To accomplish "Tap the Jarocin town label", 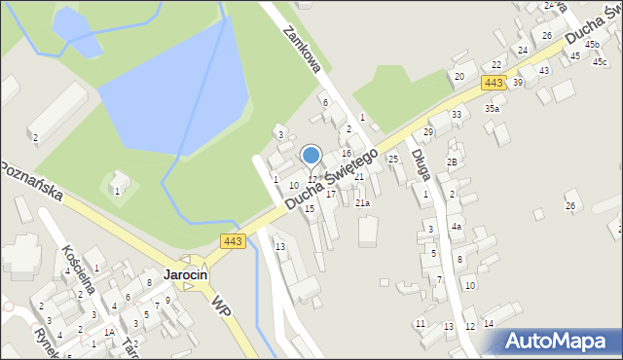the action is [x=186, y=275].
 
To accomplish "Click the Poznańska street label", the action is [x=32, y=178].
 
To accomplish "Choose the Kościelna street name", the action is [x=75, y=259].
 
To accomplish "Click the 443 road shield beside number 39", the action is [x=494, y=84].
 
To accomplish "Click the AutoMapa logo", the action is [x=560, y=341].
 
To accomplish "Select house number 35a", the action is [x=493, y=108].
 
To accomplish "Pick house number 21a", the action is [x=362, y=202].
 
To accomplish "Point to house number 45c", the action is [x=599, y=61].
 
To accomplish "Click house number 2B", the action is [x=452, y=162].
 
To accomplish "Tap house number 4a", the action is [x=456, y=226].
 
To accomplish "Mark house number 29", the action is [x=427, y=131].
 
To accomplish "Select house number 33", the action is [x=457, y=115].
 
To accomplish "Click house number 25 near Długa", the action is [x=393, y=159].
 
